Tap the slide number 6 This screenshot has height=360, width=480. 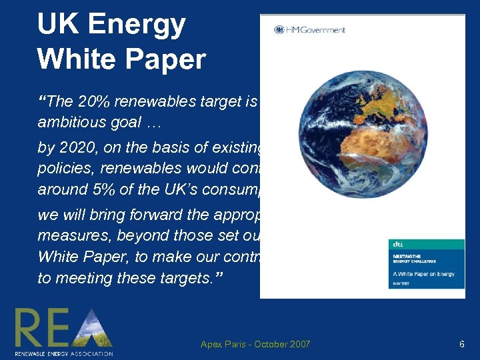[461, 344]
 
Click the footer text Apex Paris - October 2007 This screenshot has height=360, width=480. [255, 344]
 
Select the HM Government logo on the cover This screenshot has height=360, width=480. [309, 29]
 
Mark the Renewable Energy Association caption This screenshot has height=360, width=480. [63, 353]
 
